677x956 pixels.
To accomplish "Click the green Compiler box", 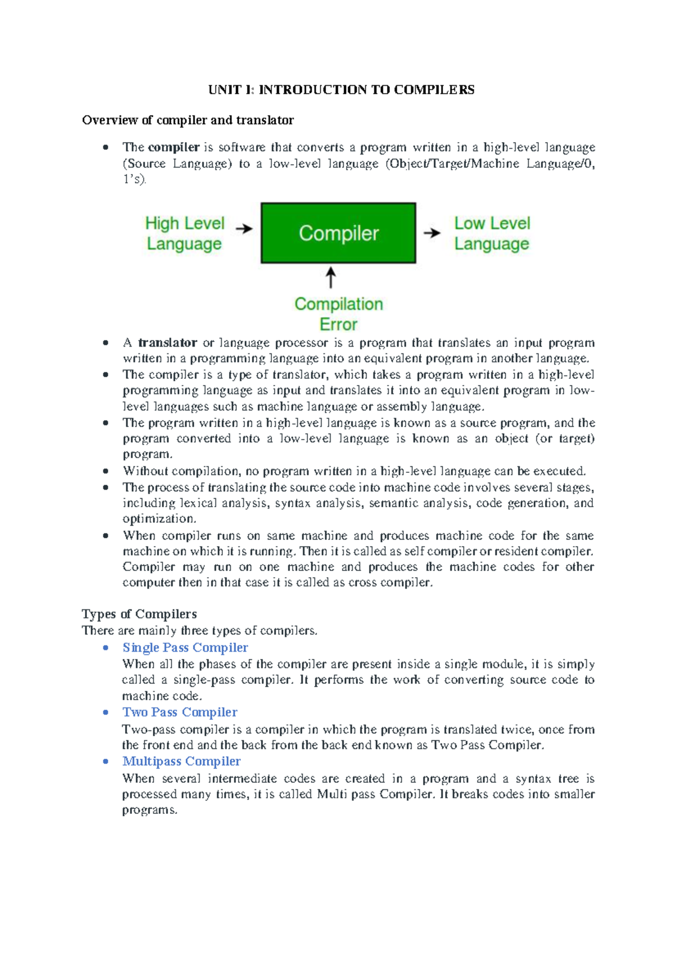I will [x=338, y=233].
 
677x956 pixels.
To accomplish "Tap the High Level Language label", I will [x=184, y=233].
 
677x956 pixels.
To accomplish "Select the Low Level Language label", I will [x=492, y=233].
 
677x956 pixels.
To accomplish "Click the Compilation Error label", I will [x=338, y=314].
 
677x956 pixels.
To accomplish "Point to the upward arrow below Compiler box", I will [x=331, y=278].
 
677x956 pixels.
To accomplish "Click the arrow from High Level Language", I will [x=244, y=229].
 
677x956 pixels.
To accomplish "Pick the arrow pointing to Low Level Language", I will [x=432, y=232].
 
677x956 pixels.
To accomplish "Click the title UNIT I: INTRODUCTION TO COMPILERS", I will [x=341, y=90].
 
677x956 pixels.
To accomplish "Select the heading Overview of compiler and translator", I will [x=188, y=120].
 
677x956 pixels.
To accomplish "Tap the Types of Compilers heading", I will [x=139, y=614].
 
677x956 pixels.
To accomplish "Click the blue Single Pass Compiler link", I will [x=185, y=647].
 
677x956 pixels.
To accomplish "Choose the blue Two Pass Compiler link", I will [x=180, y=712].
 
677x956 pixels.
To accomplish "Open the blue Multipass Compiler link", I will [x=182, y=761].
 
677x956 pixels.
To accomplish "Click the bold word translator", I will [x=168, y=343].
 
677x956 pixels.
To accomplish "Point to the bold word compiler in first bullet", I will [x=174, y=148].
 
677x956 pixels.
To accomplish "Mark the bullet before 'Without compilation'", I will [x=105, y=471].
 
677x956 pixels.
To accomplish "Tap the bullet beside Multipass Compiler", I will [x=105, y=762].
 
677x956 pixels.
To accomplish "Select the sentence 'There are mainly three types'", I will [x=200, y=630].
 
